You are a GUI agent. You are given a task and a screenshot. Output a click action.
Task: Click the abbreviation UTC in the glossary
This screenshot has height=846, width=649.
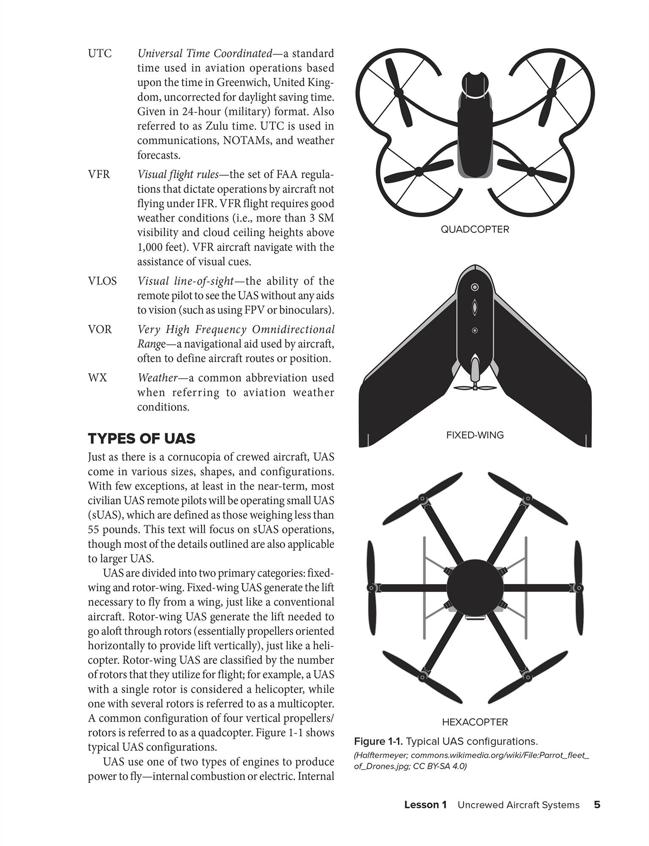tap(100, 54)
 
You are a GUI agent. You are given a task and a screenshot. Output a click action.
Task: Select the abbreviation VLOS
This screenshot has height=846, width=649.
tap(102, 281)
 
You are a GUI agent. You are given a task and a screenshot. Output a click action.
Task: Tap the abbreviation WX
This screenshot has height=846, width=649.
tap(97, 378)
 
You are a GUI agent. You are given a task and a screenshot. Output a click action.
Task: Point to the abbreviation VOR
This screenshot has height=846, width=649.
tap(100, 330)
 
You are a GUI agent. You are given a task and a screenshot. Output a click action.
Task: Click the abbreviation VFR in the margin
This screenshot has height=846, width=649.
tap(99, 174)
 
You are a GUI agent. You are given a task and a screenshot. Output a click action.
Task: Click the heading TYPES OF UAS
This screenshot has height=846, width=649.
tap(141, 439)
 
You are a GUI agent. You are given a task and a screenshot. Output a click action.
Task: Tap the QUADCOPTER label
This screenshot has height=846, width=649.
tap(475, 229)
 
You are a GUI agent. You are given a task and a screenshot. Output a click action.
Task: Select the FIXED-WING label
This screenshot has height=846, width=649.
tap(475, 435)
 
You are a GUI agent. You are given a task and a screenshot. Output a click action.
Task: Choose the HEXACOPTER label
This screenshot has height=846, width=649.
tap(475, 722)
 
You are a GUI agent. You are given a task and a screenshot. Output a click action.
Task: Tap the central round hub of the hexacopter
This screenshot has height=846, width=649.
tap(475, 588)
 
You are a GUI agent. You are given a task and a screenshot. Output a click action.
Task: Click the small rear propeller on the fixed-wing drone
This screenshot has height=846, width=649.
tap(475, 387)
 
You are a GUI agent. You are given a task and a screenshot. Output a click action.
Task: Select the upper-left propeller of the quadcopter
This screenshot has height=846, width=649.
tap(399, 92)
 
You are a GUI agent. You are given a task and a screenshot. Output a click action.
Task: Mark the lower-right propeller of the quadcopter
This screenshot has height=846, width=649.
tap(531, 171)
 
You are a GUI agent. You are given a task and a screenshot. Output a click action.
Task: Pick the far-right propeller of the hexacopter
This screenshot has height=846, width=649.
tap(579, 588)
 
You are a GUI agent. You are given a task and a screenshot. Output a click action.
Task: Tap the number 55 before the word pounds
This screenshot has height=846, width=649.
tap(94, 530)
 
